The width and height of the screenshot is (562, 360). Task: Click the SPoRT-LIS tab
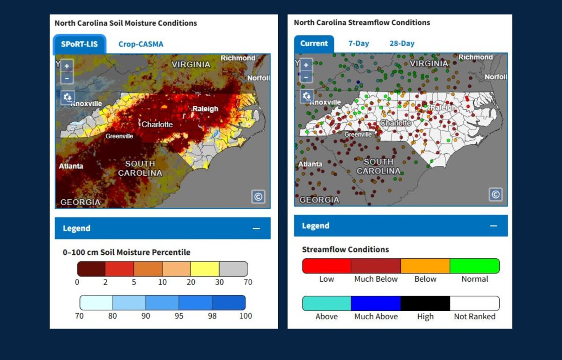point(79,44)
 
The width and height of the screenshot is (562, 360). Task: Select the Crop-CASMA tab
point(140,44)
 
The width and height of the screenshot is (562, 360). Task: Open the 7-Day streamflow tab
point(358,43)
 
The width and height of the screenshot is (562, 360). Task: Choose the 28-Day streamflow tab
point(402,43)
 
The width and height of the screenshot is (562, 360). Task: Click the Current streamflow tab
point(314,43)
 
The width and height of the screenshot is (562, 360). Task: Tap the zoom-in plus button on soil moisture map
point(67,66)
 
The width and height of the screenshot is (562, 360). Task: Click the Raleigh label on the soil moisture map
point(205,109)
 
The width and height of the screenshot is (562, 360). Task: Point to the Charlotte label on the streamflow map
point(395,123)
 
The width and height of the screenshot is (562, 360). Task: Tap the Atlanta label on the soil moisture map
point(71,166)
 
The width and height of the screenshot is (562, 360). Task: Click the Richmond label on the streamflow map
point(475,57)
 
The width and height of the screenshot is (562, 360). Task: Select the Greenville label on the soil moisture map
point(119,136)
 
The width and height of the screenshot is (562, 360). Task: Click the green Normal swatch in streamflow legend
point(474,266)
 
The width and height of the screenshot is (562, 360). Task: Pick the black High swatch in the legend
point(425,303)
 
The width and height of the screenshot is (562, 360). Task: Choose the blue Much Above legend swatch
point(376,303)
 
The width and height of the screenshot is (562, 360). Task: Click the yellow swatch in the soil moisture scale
point(205,269)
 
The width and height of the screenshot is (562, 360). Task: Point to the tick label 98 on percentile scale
point(212,316)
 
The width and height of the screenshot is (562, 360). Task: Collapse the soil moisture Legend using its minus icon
point(256,228)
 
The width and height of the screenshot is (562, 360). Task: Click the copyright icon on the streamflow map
point(495,194)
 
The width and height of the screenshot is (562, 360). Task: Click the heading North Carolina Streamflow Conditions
point(362,22)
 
